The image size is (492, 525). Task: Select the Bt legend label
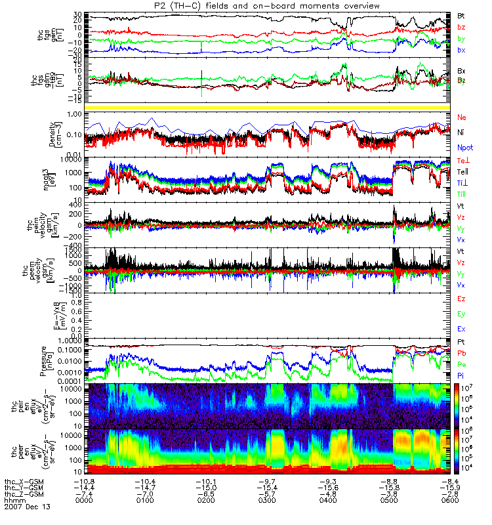pos(461,14)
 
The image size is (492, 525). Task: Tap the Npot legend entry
pos(465,148)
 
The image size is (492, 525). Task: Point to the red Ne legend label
pos(461,117)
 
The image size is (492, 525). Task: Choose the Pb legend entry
pos(462,353)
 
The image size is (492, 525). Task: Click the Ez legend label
pos(461,299)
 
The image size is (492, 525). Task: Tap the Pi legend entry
pos(461,373)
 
